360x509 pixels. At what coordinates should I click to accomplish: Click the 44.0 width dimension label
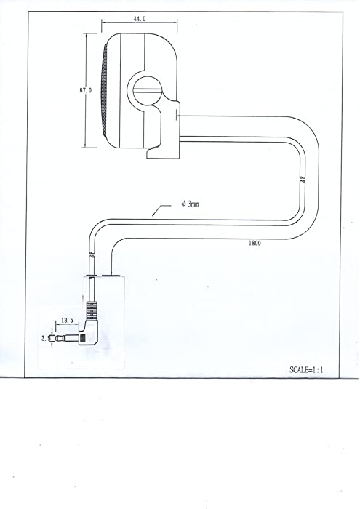140,19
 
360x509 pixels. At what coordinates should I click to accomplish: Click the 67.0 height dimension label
86,90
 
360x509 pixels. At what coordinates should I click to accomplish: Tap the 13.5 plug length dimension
67,321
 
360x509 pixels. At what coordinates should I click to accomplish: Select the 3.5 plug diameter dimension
45,338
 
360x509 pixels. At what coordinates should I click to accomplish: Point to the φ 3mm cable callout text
190,204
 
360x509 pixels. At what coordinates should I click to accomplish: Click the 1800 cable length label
255,243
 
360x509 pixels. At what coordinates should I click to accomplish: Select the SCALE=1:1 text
306,369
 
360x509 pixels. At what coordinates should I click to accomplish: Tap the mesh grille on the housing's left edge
105,90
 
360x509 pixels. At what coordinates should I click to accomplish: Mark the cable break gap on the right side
303,180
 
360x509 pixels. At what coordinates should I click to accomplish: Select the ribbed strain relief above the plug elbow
92,309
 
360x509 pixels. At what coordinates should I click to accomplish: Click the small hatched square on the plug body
83,338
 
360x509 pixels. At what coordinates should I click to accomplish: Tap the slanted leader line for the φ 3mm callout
161,210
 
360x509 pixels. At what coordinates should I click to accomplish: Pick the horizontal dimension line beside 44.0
140,23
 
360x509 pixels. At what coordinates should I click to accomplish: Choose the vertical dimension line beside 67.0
87,90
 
